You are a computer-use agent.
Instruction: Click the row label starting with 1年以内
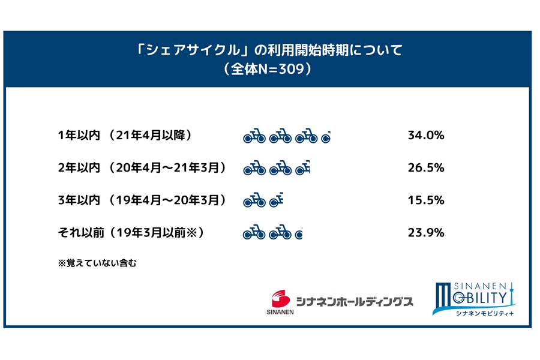coord(124,136)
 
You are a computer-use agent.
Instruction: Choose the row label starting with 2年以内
coord(142,168)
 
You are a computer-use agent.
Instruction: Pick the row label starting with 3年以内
coord(142,200)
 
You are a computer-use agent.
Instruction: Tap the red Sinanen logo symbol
coord(279,298)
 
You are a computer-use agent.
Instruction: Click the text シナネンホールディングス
coord(354,301)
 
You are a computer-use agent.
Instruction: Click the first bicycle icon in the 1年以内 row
coord(254,137)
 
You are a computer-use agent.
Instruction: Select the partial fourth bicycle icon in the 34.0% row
coord(326,138)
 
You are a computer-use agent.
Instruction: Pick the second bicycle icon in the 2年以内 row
coord(280,170)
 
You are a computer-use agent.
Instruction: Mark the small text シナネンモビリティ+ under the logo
coord(479,312)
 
